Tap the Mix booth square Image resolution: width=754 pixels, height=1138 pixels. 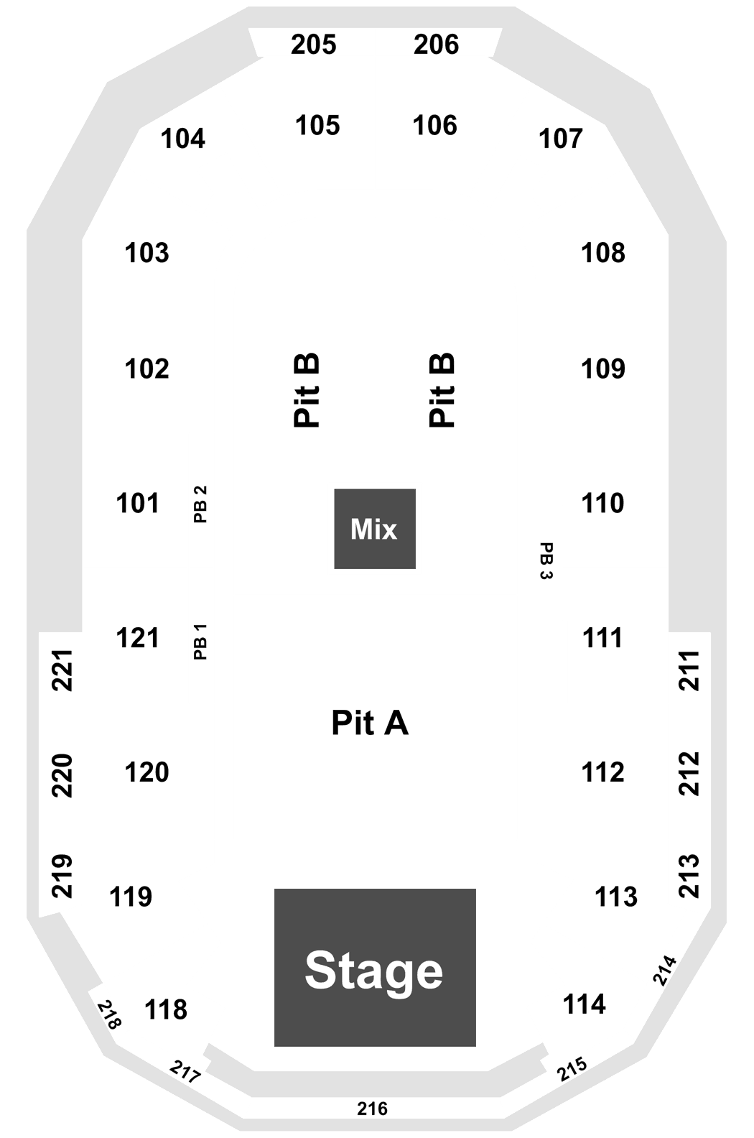point(375,528)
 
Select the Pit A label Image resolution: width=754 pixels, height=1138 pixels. point(370,723)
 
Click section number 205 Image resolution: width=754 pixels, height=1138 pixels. point(313,45)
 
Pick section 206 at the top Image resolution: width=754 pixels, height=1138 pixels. point(436,45)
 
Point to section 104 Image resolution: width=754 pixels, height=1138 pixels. point(183,138)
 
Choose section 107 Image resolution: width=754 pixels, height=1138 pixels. point(561,138)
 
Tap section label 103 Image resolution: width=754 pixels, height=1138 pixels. point(146,252)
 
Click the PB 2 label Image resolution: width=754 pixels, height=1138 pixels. point(200,504)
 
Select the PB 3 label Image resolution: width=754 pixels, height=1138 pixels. point(546,561)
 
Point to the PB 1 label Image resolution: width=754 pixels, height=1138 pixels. point(200,642)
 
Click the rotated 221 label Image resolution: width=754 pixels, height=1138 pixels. point(62,670)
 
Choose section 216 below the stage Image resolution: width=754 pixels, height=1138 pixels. point(372,1109)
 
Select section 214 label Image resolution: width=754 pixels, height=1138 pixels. point(665,971)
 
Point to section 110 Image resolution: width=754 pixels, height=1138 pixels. point(602,503)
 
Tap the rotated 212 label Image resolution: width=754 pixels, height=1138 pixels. point(689,773)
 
